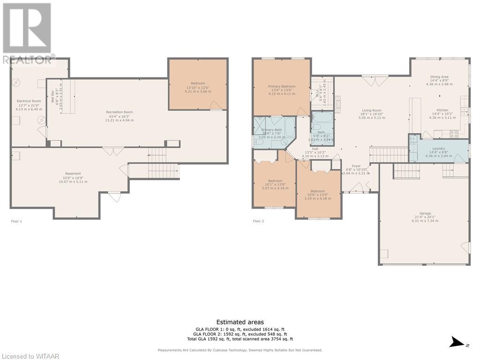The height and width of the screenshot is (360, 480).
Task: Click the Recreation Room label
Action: [119, 112]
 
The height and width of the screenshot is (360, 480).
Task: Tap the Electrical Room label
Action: [29, 101]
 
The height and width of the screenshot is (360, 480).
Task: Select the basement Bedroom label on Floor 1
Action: [198, 83]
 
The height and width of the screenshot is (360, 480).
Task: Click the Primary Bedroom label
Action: [282, 86]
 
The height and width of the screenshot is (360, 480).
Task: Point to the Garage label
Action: [425, 213]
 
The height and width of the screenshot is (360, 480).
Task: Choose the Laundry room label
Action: [439, 148]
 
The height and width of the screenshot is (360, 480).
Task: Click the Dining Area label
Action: [439, 76]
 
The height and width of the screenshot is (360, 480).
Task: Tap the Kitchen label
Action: [442, 110]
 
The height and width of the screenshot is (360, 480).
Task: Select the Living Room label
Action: [370, 111]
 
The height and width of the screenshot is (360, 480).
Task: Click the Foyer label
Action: [356, 165]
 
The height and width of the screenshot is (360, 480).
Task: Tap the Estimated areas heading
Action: [240, 322]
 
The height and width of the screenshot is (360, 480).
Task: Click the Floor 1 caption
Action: [16, 221]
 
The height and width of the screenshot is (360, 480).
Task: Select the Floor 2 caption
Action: [258, 221]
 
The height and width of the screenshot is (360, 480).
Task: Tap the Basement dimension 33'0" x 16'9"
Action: [73, 178]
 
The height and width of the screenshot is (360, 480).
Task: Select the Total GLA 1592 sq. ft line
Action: [240, 339]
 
